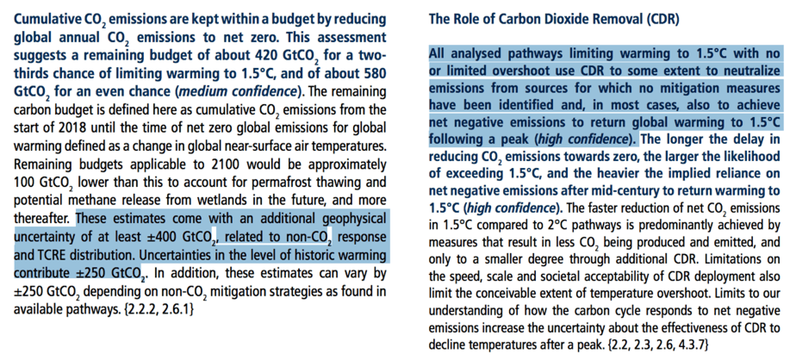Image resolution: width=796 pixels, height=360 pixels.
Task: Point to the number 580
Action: pyautogui.click(x=373, y=74)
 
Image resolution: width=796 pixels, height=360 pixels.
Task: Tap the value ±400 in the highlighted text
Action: pyautogui.click(x=162, y=237)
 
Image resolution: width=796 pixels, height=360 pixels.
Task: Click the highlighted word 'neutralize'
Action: pyautogui.click(x=753, y=71)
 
